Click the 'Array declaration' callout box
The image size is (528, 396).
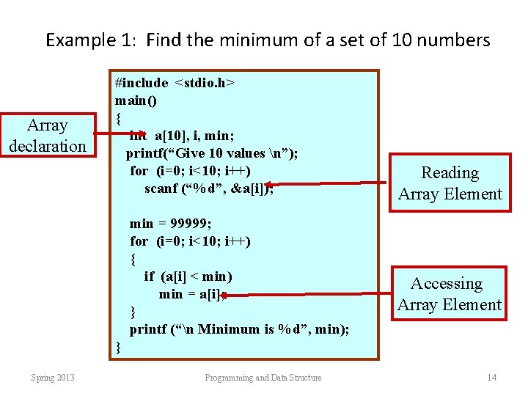(48, 136)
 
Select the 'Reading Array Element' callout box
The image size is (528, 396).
(450, 183)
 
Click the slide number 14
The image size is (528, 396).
(491, 378)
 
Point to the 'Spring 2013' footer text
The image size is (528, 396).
(52, 378)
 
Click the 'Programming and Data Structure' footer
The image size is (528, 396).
(263, 378)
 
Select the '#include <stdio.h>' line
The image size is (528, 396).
(175, 82)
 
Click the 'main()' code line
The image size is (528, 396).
(136, 100)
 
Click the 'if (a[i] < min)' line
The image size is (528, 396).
(188, 276)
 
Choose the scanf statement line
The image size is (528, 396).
(209, 188)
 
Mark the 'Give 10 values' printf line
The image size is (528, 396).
(212, 153)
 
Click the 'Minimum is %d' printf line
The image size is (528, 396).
(239, 329)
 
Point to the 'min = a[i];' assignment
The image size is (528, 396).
(189, 294)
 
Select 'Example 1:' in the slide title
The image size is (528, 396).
(92, 40)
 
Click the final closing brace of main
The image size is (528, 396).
(118, 347)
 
